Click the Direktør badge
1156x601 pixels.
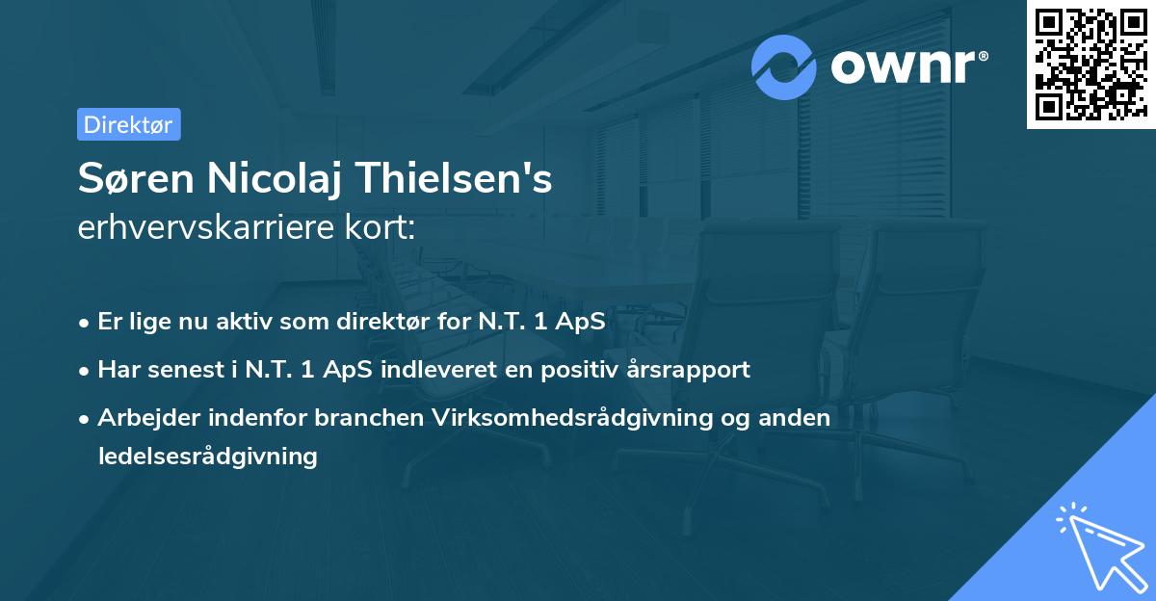pyautogui.click(x=128, y=124)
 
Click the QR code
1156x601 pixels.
pyautogui.click(x=1090, y=64)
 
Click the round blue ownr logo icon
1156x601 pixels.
pyautogui.click(x=784, y=66)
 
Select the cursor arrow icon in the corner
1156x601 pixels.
pyautogui.click(x=1101, y=546)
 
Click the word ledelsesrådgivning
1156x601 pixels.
pyautogui.click(x=207, y=456)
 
